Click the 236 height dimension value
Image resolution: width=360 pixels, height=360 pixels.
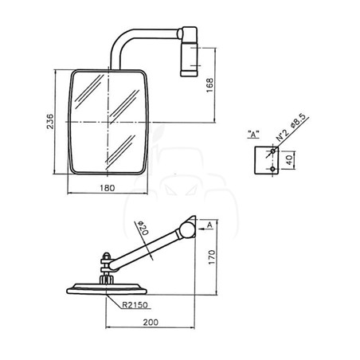point(50,121)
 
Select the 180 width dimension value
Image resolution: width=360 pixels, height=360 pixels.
point(108,188)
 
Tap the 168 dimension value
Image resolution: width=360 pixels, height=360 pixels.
point(209,85)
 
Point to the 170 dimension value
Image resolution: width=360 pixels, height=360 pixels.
point(212,257)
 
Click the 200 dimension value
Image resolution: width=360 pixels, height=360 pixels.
point(151,323)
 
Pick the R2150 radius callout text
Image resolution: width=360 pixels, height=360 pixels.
point(135,305)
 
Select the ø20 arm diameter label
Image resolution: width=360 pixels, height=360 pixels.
point(142,228)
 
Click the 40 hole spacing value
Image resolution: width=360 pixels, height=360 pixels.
point(289,160)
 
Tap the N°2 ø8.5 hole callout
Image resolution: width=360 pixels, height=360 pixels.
point(291,127)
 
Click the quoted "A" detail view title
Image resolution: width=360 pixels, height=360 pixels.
point(253,135)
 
